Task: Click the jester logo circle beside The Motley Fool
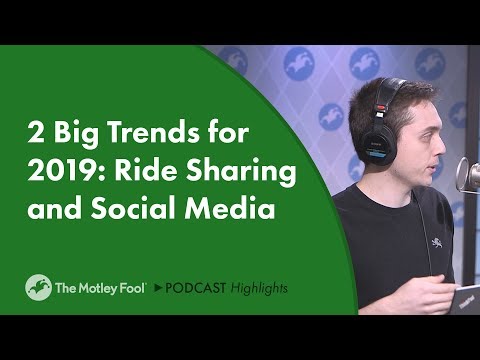tap(38, 288)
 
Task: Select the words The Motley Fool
tap(101, 288)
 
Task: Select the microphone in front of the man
tap(467, 176)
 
